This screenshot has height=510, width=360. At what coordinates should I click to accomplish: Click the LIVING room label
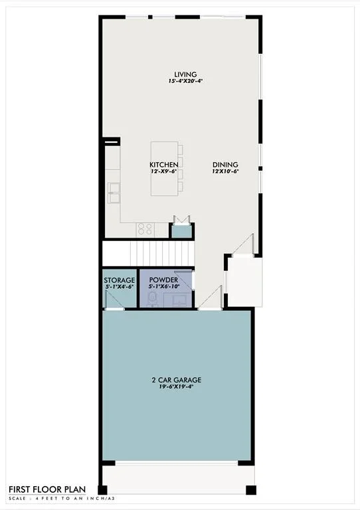pyautogui.click(x=185, y=74)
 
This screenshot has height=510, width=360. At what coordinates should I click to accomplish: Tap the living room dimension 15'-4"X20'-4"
pyautogui.click(x=185, y=81)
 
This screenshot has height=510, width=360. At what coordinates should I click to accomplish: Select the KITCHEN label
pyautogui.click(x=164, y=165)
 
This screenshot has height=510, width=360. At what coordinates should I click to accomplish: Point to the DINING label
pyautogui.click(x=225, y=165)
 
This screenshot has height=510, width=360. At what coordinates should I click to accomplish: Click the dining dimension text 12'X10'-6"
pyautogui.click(x=225, y=171)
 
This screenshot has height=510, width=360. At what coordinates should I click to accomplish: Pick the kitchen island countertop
pyautogui.click(x=164, y=169)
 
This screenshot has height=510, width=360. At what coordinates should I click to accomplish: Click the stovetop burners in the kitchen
pyautogui.click(x=145, y=229)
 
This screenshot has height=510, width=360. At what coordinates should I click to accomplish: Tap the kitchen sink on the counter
pyautogui.click(x=114, y=193)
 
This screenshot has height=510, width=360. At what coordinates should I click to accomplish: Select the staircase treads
pyautogui.click(x=162, y=254)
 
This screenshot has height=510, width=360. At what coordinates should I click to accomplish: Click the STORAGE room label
pyautogui.click(x=120, y=280)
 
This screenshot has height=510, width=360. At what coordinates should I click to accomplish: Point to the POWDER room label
pyautogui.click(x=163, y=280)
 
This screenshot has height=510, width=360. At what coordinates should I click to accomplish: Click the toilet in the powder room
pyautogui.click(x=152, y=299)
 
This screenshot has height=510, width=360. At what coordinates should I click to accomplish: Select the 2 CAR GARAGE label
pyautogui.click(x=177, y=380)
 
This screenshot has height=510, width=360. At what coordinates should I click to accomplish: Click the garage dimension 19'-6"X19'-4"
pyautogui.click(x=177, y=386)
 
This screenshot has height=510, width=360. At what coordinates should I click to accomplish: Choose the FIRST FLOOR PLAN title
pyautogui.click(x=47, y=489)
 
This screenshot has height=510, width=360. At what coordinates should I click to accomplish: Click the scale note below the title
pyautogui.click(x=62, y=498)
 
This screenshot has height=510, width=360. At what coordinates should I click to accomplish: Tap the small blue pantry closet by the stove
pyautogui.click(x=182, y=232)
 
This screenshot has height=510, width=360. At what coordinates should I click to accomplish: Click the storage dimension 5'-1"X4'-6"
pyautogui.click(x=120, y=287)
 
